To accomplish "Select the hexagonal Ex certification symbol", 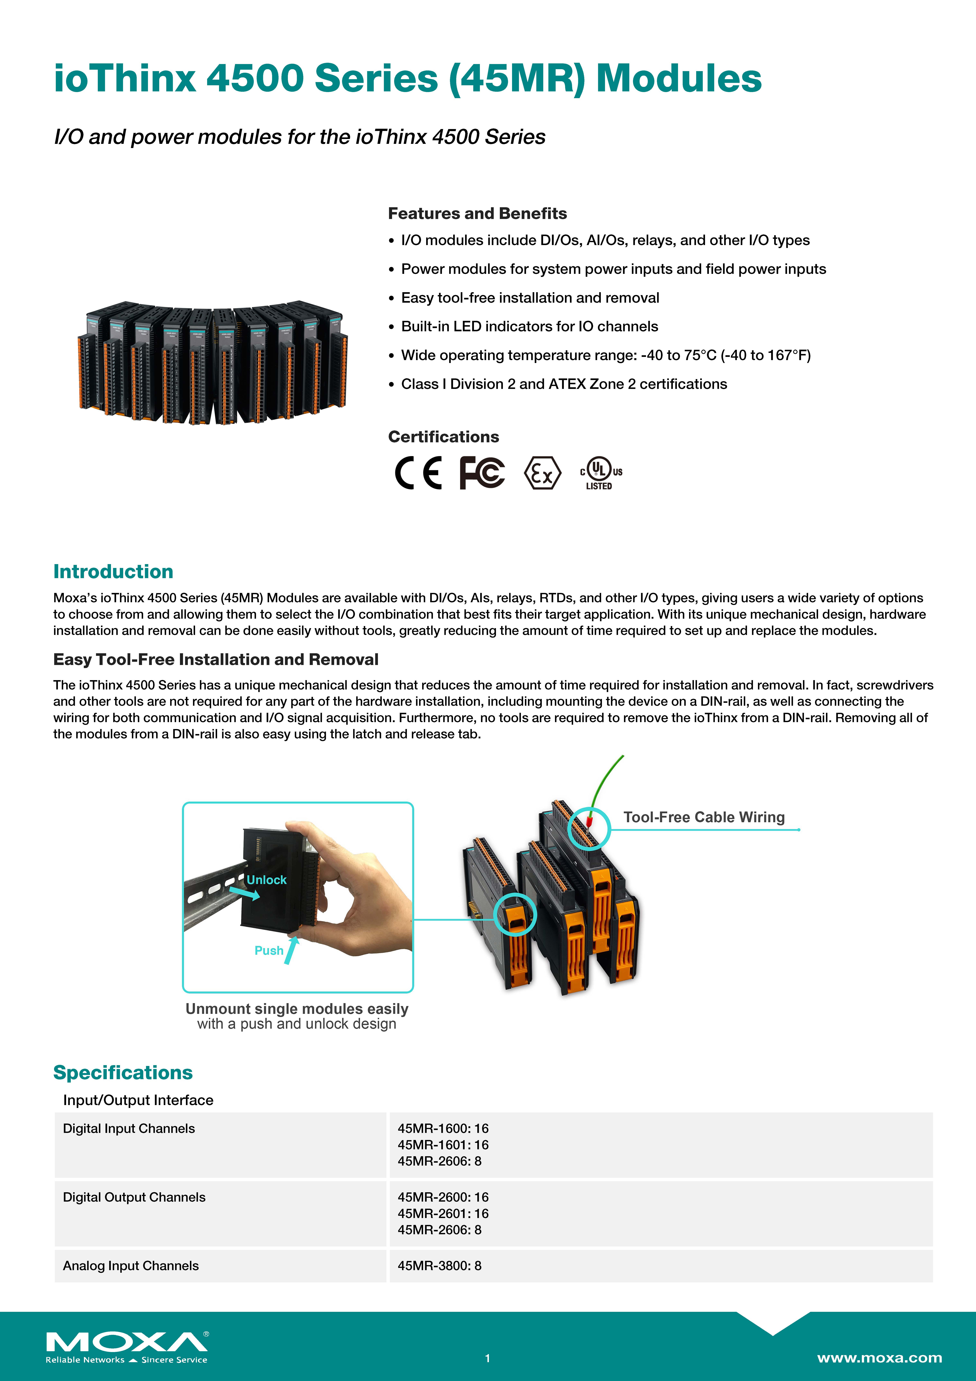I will (542, 473).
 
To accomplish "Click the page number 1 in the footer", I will (488, 1358).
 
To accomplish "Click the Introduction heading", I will (113, 571).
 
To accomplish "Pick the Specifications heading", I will (123, 1072).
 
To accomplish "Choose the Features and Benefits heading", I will (477, 214).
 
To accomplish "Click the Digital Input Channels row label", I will (129, 1128).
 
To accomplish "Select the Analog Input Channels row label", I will (130, 1265).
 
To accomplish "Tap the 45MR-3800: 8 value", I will (439, 1265).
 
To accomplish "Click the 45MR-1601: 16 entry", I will (443, 1145).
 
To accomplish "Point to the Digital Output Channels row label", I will (134, 1197).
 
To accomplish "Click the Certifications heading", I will (443, 437).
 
